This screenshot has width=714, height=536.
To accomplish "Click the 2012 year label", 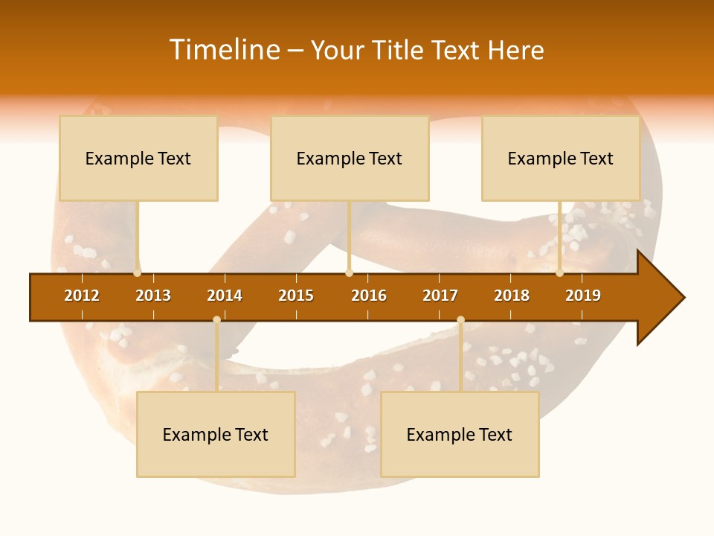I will tap(82, 296).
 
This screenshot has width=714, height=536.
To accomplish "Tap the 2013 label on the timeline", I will tap(153, 296).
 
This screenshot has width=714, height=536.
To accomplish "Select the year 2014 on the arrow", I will tap(225, 296).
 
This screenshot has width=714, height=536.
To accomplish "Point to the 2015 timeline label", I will tap(296, 296).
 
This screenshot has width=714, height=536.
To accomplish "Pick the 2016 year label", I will tap(369, 296).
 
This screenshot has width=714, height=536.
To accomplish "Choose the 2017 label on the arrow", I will tap(440, 296).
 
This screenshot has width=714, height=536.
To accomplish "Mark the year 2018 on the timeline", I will tap(512, 296).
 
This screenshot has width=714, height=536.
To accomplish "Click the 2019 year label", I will tap(583, 296).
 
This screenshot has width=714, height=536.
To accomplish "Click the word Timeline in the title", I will tap(225, 50).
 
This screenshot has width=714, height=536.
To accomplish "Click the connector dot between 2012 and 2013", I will tap(138, 273).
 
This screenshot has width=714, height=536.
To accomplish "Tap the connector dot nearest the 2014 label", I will tap(216, 320).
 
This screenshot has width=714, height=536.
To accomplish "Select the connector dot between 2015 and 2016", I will tap(349, 273).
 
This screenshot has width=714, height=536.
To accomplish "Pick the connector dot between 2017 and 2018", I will tap(460, 320).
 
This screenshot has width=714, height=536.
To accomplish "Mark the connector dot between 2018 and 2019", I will tap(560, 273).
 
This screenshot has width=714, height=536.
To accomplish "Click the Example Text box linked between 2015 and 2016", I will tap(350, 158).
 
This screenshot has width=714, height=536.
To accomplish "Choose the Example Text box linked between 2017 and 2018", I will tap(460, 434).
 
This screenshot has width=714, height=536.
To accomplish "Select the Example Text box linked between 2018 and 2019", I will tap(561, 158).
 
